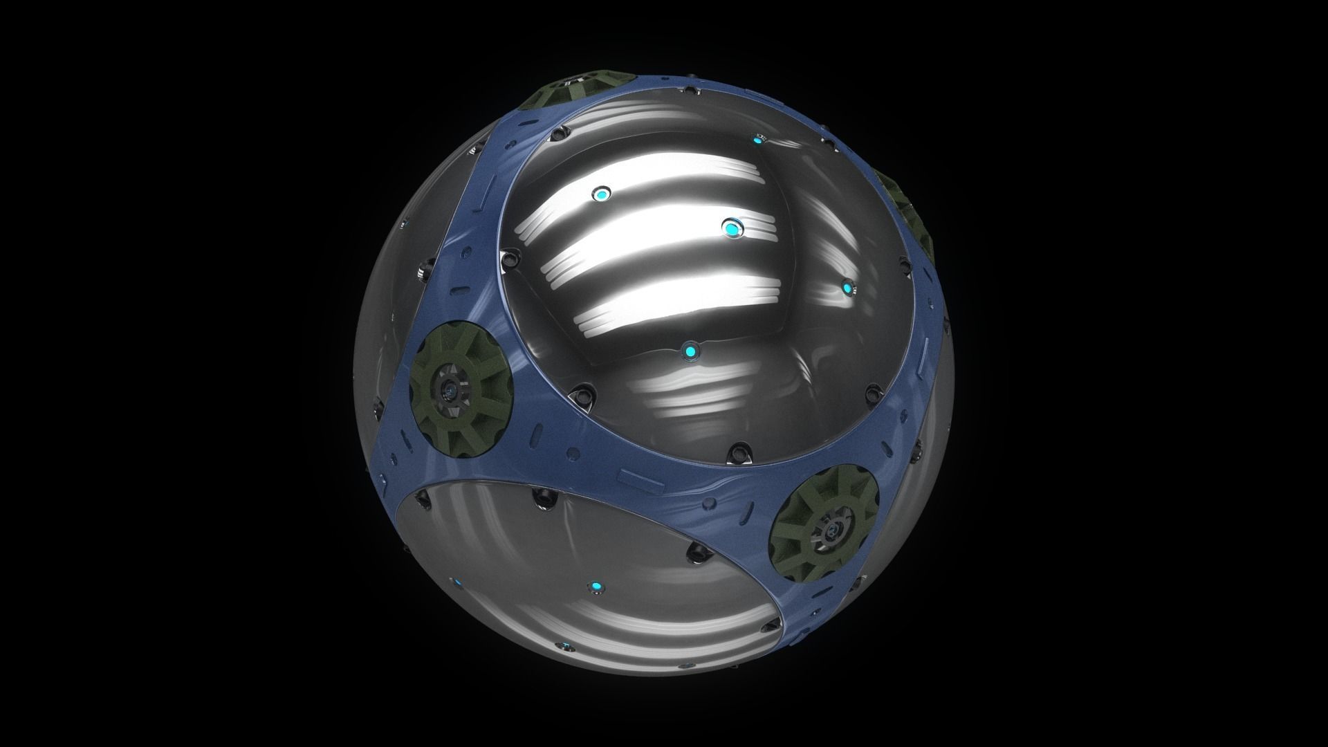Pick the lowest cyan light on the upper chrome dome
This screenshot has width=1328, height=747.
click(689, 353)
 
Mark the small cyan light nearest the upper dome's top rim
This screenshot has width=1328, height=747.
click(758, 141)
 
